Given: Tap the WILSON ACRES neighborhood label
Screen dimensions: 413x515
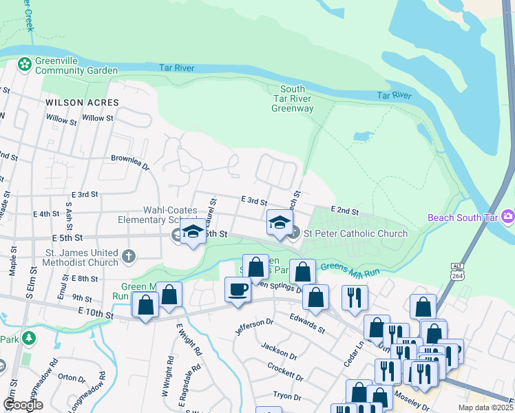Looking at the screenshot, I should pos(82,103).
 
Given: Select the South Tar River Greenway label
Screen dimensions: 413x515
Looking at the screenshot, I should pos(292,98).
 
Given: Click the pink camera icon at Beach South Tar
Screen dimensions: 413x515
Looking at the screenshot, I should pos(508,217).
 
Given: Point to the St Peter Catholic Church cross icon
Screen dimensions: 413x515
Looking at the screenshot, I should pos(294,233).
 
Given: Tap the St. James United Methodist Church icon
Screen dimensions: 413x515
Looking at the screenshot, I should pos(128,257).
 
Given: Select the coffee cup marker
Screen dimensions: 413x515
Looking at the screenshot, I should pos(238,289).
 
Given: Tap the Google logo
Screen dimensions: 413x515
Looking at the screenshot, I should pos(23,404).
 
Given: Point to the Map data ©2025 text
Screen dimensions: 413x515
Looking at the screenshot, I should pos(485,407).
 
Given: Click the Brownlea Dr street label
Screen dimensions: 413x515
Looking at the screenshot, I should pos(130,161).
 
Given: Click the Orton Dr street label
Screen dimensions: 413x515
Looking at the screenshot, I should pos(71,377).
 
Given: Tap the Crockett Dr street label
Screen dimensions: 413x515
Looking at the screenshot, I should pos(285,372).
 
